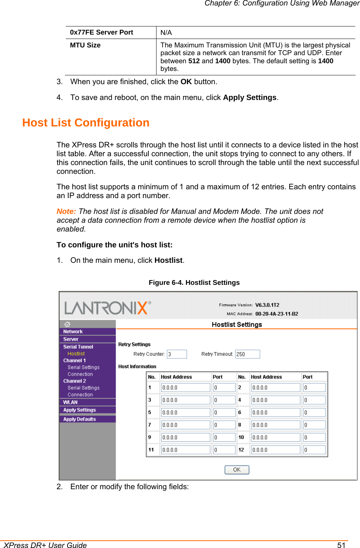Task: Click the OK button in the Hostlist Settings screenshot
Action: tap(237, 470)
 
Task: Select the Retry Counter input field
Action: tap(177, 354)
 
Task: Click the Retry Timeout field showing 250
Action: tap(247, 354)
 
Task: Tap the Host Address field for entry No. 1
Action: tap(186, 387)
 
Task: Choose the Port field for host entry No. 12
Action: tap(314, 450)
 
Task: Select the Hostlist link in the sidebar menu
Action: tap(76, 354)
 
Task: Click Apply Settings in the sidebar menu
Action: tap(79, 410)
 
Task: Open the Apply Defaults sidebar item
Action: tap(79, 419)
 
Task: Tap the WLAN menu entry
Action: tap(70, 402)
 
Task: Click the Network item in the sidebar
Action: tap(73, 332)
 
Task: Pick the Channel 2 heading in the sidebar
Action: tap(75, 381)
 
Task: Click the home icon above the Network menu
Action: tap(67, 324)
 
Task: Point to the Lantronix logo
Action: tap(107, 308)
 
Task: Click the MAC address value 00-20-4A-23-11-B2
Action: tap(277, 314)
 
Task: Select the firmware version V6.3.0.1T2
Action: tap(267, 305)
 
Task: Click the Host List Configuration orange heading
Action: tap(86, 123)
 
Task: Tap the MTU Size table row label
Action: tap(85, 45)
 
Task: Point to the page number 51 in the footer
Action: tap(341, 545)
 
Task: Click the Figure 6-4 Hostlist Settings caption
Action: tap(194, 283)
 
